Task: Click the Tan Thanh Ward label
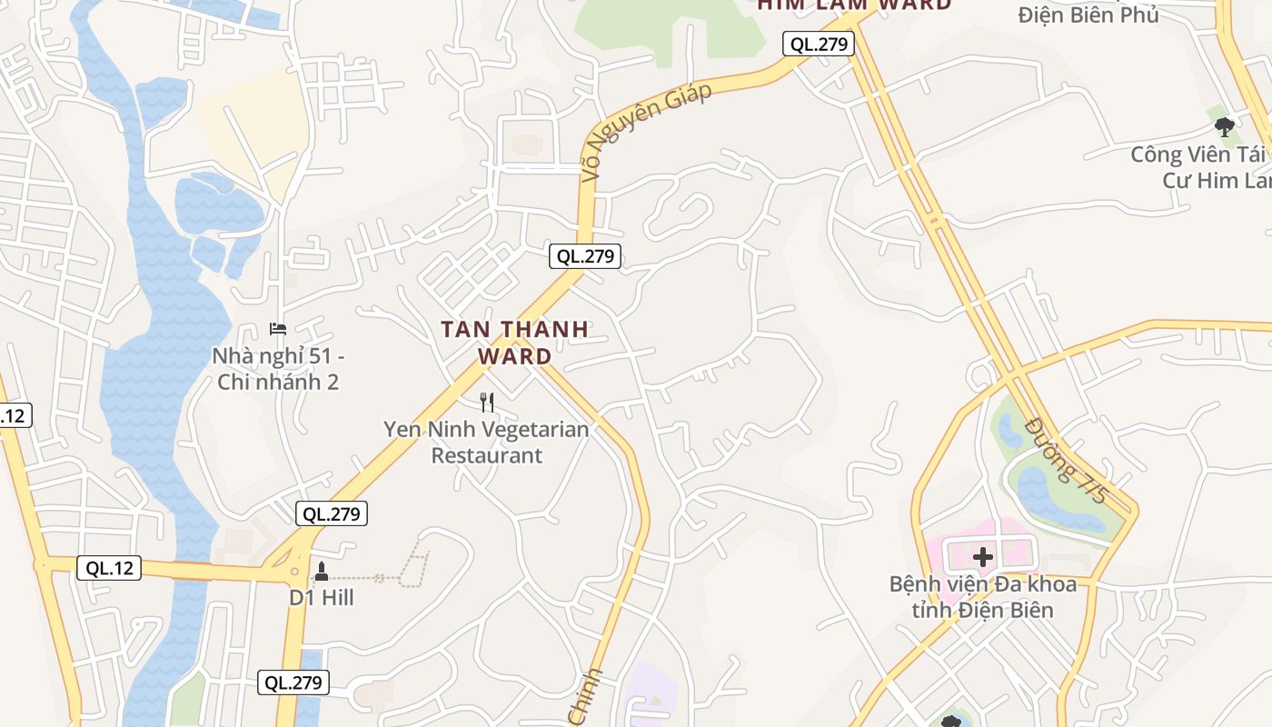coord(515,343)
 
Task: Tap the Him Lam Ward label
coord(854,5)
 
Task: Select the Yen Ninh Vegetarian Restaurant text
coord(486,442)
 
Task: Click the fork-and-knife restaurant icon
coord(487,402)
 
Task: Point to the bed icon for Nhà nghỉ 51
coord(278,328)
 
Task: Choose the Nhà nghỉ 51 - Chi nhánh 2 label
coord(278,369)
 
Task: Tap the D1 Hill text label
coord(322,598)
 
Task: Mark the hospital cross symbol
coord(983,556)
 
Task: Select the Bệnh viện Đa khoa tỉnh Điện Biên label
coord(983,596)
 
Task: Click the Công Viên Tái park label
coord(1199,167)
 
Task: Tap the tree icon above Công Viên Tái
coord(1225,126)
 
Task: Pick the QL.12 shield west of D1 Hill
coord(109,569)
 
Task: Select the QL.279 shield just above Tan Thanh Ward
coord(585,256)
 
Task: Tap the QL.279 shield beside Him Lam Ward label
coord(819,44)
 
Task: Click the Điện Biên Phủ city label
coord(1088,15)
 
